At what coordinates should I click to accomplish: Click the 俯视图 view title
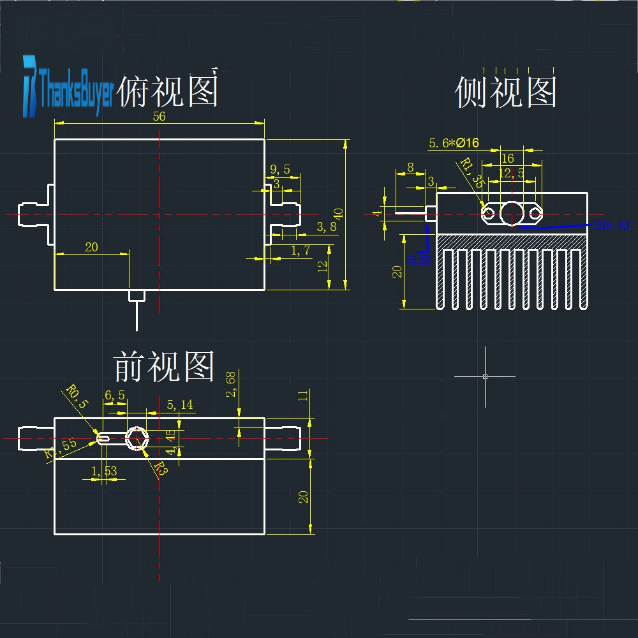click(169, 91)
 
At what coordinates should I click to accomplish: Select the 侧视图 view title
click(506, 93)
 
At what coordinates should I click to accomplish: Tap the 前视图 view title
click(164, 366)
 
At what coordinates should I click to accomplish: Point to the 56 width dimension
click(159, 116)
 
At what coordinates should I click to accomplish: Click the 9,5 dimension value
click(280, 170)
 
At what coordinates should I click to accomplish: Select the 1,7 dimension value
click(300, 251)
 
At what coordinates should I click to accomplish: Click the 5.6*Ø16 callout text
click(454, 143)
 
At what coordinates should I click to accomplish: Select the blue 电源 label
click(419, 260)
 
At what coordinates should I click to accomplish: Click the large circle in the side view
click(512, 212)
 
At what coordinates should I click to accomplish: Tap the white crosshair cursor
click(485, 376)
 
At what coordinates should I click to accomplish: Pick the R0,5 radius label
click(76, 396)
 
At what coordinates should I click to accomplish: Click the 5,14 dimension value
click(179, 404)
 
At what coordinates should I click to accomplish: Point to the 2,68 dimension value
click(232, 384)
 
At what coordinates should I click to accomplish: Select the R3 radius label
click(159, 471)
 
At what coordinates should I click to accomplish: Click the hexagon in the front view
click(137, 438)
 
